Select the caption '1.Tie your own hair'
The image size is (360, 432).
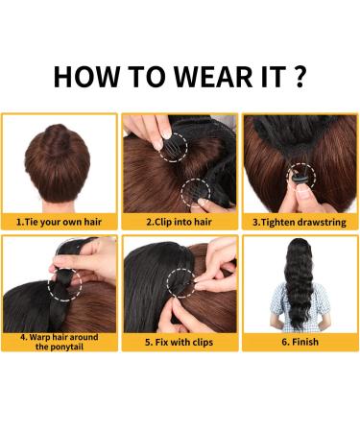pos(60,221)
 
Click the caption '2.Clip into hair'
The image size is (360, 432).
pos(180,221)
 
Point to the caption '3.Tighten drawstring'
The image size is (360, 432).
pos(300,221)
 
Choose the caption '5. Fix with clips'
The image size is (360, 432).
pos(180,341)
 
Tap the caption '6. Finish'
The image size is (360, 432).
pos(300,341)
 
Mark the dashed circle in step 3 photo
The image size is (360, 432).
pos(300,177)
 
